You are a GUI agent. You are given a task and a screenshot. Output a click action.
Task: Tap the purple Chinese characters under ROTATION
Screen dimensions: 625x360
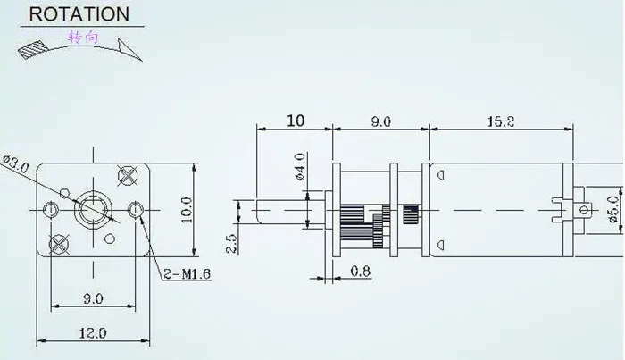(x=83, y=38)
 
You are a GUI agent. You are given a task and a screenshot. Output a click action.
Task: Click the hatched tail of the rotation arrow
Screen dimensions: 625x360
(x=33, y=50)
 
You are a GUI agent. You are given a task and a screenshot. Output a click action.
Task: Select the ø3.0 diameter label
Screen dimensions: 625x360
(x=16, y=164)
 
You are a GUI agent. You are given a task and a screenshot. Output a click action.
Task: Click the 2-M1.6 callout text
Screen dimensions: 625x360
(x=187, y=274)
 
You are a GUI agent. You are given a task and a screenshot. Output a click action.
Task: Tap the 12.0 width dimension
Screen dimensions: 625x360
(x=93, y=333)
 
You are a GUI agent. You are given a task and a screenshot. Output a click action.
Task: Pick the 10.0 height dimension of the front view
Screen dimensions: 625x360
(x=187, y=210)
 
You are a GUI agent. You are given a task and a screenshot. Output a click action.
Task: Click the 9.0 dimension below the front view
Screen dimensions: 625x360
(x=93, y=298)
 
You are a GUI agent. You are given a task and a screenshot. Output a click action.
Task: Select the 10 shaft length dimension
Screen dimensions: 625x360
(x=296, y=121)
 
